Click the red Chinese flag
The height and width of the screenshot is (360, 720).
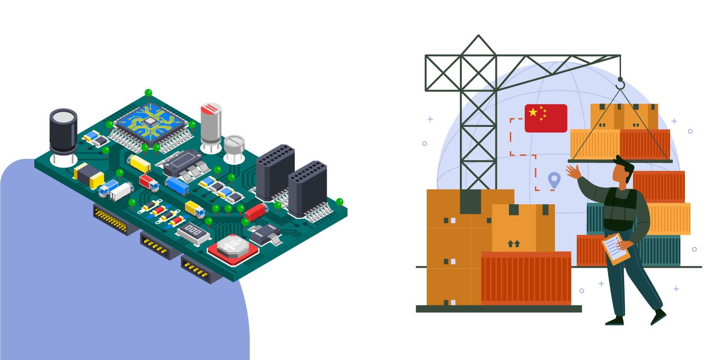coord(546,118)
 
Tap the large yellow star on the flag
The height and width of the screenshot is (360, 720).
coord(533,112)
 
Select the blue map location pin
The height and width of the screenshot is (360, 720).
coord(554,180)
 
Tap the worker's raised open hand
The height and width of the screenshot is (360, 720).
coord(573,171)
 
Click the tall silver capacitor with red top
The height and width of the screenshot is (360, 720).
coord(211,124)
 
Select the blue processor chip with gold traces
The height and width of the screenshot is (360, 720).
coord(150,121)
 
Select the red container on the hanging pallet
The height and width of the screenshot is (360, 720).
coord(645,144)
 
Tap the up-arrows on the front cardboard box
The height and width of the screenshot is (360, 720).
coord(513,243)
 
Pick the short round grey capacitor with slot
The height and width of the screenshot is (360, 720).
coord(234,145)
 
